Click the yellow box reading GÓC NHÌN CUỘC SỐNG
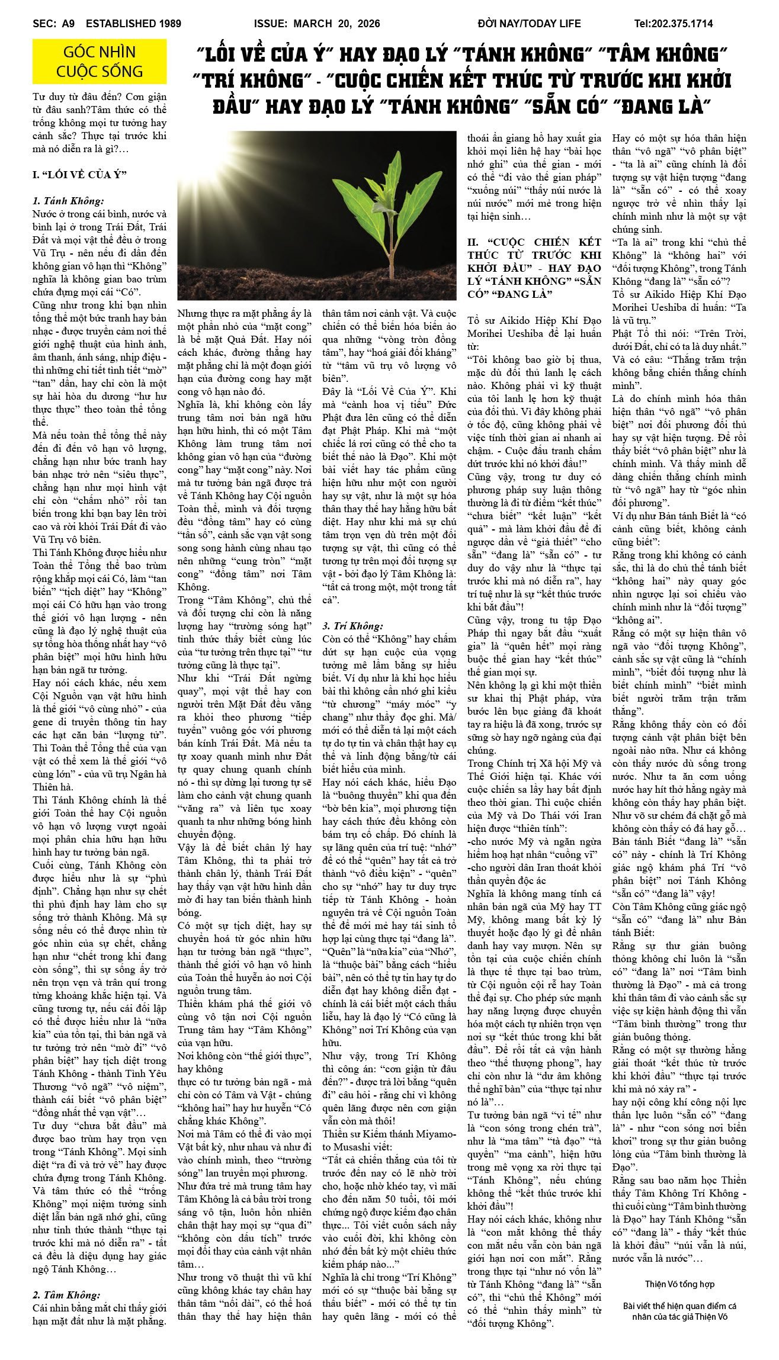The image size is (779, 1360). coord(100,62)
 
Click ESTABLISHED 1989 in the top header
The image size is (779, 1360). coord(133,24)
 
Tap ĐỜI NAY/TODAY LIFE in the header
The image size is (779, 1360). coord(529,24)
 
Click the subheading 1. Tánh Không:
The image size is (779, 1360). coord(68,201)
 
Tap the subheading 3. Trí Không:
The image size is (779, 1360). coord(352,626)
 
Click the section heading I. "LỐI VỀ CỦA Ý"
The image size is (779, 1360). coord(80,175)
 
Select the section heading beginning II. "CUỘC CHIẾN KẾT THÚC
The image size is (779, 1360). coord(534,268)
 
